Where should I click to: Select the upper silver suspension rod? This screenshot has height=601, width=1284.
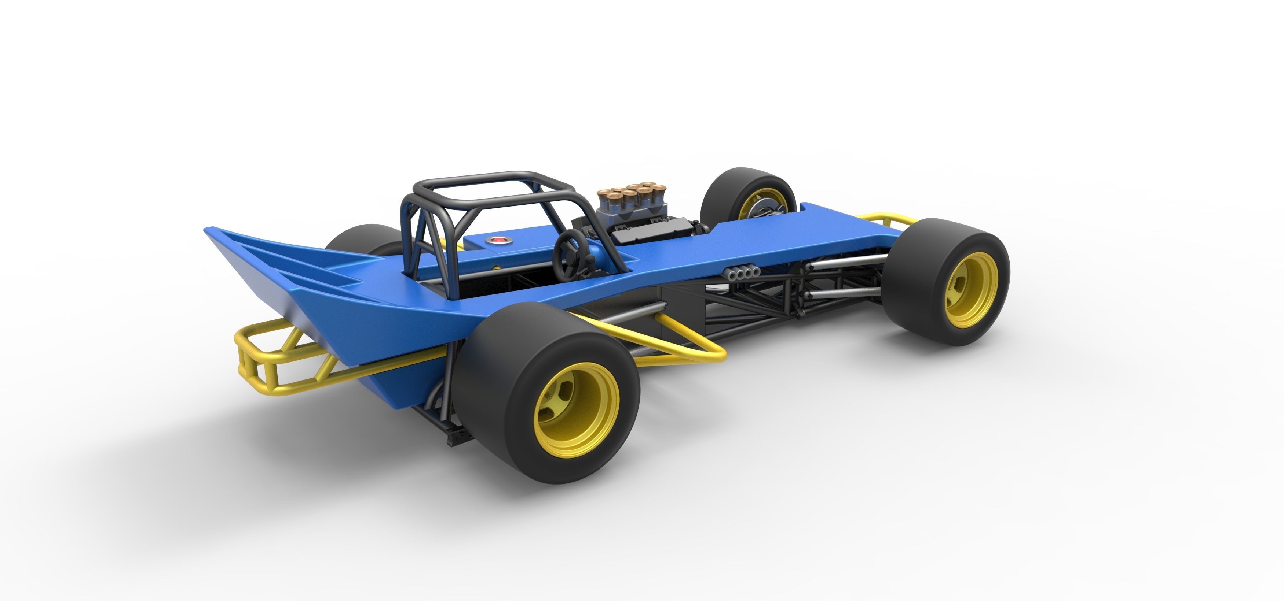(847, 262)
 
